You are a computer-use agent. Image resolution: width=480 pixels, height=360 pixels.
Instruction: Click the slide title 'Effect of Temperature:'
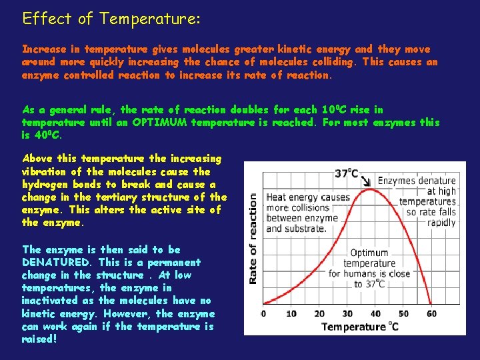(x=111, y=19)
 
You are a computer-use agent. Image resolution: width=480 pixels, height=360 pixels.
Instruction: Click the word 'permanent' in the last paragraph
(x=175, y=263)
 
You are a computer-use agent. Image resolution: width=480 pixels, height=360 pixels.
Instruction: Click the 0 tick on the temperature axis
(x=263, y=313)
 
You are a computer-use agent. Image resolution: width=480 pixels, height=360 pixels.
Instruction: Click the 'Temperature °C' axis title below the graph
(x=360, y=327)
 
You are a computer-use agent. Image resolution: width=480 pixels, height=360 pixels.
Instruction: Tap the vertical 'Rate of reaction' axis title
(x=253, y=238)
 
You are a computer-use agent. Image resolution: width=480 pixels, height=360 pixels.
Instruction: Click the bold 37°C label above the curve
(x=346, y=173)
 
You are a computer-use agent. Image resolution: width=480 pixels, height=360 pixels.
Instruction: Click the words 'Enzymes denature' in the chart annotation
(x=416, y=181)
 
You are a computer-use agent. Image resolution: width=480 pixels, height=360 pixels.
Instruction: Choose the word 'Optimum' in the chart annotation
(x=369, y=253)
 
